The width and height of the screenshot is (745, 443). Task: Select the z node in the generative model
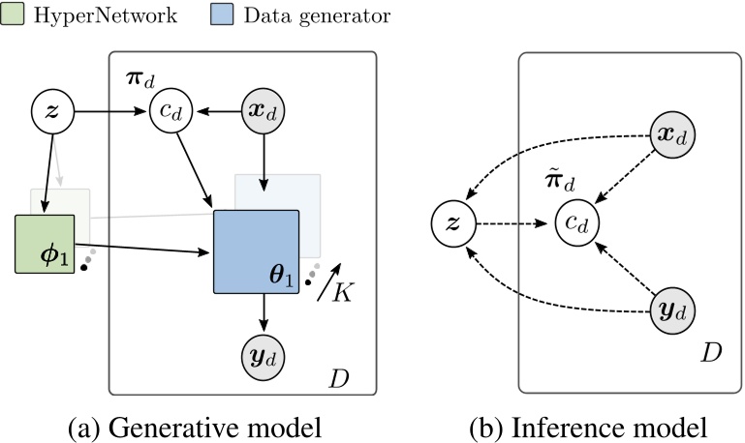[x=52, y=113]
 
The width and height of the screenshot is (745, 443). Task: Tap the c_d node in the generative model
[x=171, y=113]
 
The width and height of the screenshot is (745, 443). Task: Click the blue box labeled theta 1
[x=256, y=250]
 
